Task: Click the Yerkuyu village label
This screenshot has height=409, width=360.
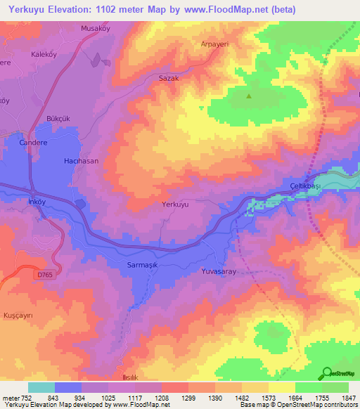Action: point(175,204)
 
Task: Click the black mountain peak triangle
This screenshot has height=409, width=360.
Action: point(248,97)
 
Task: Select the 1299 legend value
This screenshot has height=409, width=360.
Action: point(188,398)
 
